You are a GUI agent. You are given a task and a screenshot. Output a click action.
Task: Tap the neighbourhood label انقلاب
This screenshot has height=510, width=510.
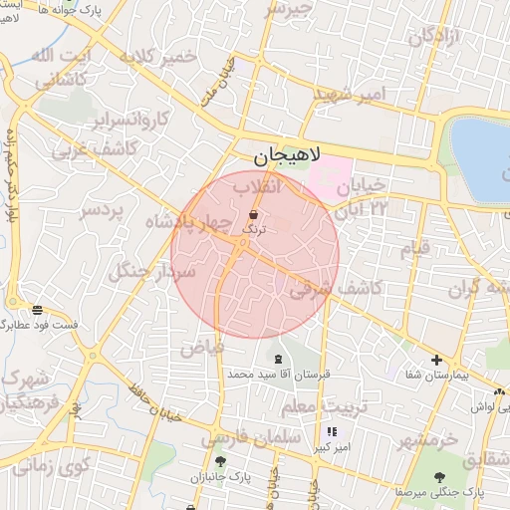pyautogui.click(x=259, y=186)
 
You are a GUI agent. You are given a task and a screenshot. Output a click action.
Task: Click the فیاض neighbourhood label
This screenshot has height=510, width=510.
pyautogui.click(x=202, y=349)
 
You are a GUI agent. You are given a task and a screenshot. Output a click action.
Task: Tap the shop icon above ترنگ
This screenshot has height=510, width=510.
pyautogui.click(x=252, y=214)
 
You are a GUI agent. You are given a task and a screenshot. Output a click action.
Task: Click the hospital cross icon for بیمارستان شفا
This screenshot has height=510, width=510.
pyautogui.click(x=435, y=360)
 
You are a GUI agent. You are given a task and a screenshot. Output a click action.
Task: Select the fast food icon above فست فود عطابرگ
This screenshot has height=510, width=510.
pyautogui.click(x=37, y=310)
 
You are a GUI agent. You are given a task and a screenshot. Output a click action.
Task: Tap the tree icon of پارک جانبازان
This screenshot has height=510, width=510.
pyautogui.click(x=220, y=461)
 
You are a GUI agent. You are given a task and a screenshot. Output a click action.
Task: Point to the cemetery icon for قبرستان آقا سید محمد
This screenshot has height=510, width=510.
pyautogui.click(x=277, y=358)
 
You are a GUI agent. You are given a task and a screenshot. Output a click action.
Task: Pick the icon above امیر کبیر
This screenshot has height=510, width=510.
pyautogui.click(x=332, y=431)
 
